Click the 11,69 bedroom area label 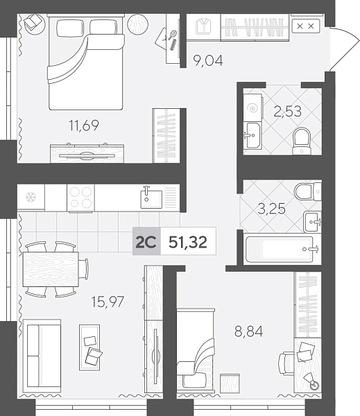coord(84,125)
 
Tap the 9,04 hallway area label coord(208,61)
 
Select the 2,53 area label coord(288,112)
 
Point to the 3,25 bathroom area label coord(272,209)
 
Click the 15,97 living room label coord(108,302)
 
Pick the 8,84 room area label coord(249,331)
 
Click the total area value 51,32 coord(188,242)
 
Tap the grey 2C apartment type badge coord(146,241)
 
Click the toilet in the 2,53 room coord(302,141)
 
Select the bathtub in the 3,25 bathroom coord(280,250)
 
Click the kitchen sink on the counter coord(151,198)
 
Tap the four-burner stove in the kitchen coord(81,198)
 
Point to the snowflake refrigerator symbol coord(31,197)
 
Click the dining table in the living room coord(51,269)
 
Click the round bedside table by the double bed coord(137,24)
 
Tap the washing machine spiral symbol coord(252,108)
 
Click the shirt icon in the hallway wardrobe coord(203,26)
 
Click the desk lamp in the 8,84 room coord(312,381)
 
